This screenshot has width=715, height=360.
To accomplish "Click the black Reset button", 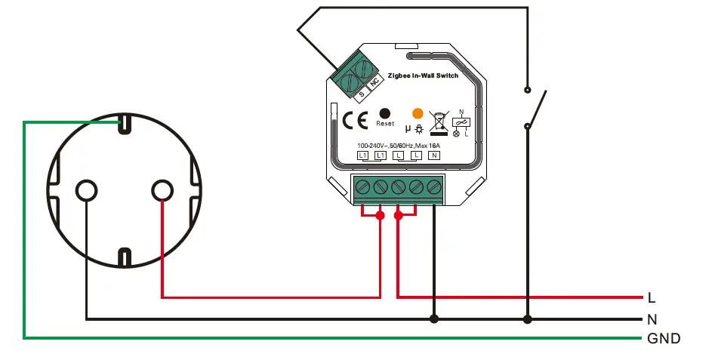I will coord(384,112).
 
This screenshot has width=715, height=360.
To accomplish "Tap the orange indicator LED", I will coord(417,112).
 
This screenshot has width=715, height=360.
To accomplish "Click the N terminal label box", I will coord(434,155).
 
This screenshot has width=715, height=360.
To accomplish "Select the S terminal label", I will coord(361,94).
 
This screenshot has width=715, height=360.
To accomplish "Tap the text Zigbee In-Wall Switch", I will coord(422,75).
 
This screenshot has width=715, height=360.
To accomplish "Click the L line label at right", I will coord(651,298).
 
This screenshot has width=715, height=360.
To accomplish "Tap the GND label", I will coord(664,338).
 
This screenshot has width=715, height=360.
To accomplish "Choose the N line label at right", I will coord(652,319).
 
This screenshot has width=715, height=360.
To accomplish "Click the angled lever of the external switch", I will coord(537,109).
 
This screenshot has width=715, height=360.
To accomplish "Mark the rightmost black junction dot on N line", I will coord(528,318).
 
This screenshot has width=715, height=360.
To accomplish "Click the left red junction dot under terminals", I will coord(380,216).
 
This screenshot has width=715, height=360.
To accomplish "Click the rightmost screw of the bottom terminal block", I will coord(433,186).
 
